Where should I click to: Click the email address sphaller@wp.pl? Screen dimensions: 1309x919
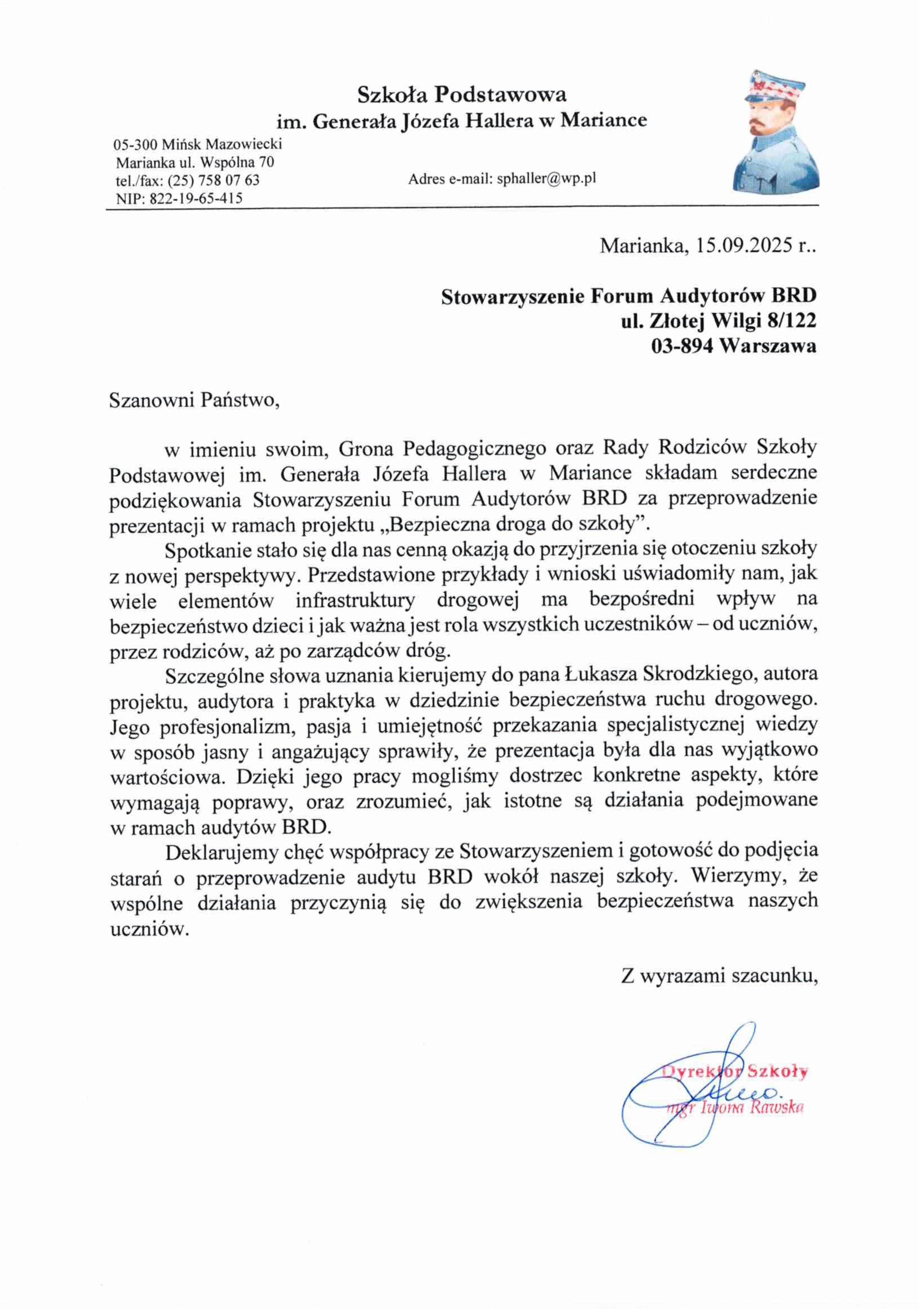(x=546, y=179)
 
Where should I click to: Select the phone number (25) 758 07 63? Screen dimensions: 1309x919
(x=214, y=180)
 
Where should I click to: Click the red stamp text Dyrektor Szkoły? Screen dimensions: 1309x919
(x=735, y=1071)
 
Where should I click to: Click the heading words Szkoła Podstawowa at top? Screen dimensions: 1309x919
(x=461, y=94)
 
